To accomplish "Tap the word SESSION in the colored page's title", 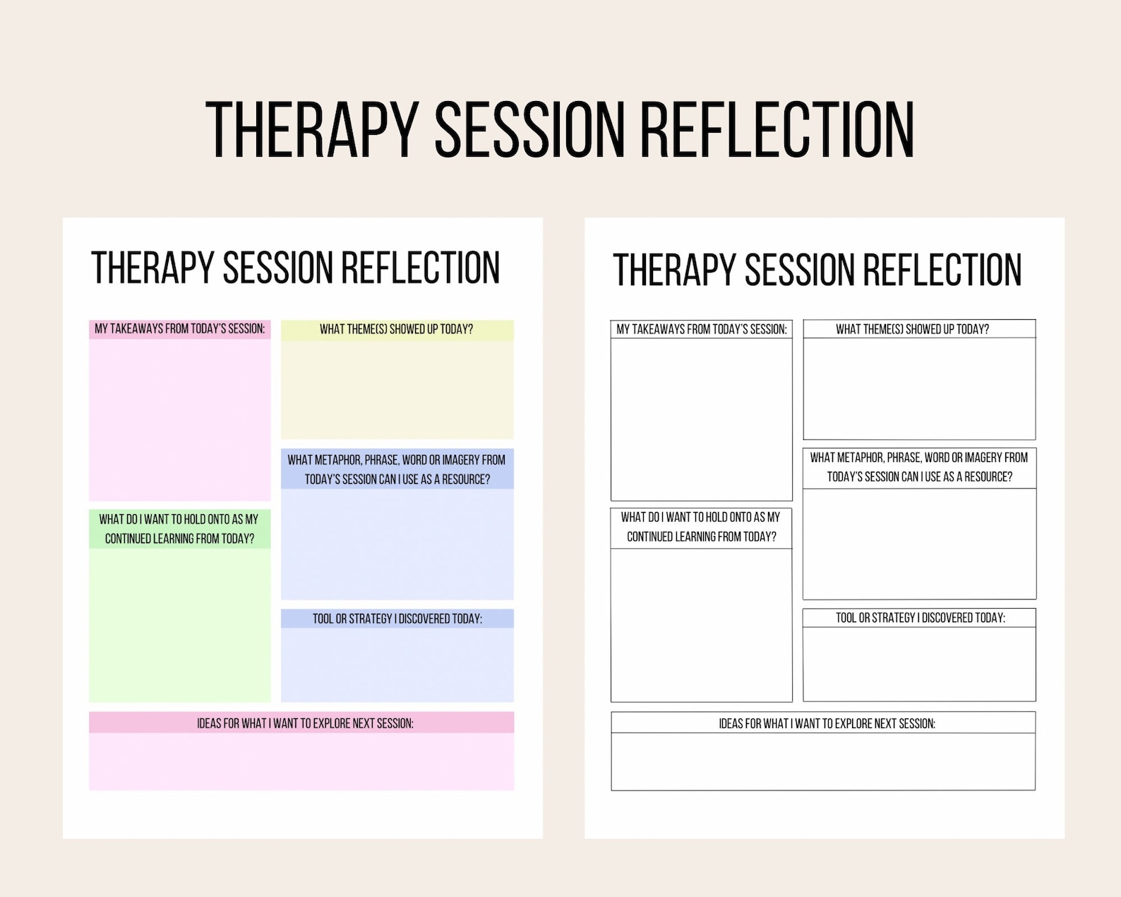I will pos(277,268).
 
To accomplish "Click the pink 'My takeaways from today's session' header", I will pos(180,329).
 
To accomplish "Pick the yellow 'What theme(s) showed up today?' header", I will pos(397,330).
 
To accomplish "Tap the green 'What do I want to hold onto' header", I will pos(180,528).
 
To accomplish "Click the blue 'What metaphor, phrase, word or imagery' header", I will pos(397,469).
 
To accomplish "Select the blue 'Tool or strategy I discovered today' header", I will pos(397,619).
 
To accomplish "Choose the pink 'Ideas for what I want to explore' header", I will pos(302,723).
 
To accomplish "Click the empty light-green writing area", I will pos(180,625).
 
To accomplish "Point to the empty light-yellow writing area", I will pos(397,390).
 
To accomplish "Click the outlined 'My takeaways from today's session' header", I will pos(702,329).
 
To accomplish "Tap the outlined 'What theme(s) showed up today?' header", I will pos(919,329).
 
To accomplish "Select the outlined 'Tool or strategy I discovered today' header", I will pos(919,618).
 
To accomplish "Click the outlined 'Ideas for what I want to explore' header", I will pos(823,723).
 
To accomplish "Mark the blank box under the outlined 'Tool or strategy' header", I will pos(919,664).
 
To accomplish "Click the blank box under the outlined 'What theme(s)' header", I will pos(919,388).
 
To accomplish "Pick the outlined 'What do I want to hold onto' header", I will pos(702,527).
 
